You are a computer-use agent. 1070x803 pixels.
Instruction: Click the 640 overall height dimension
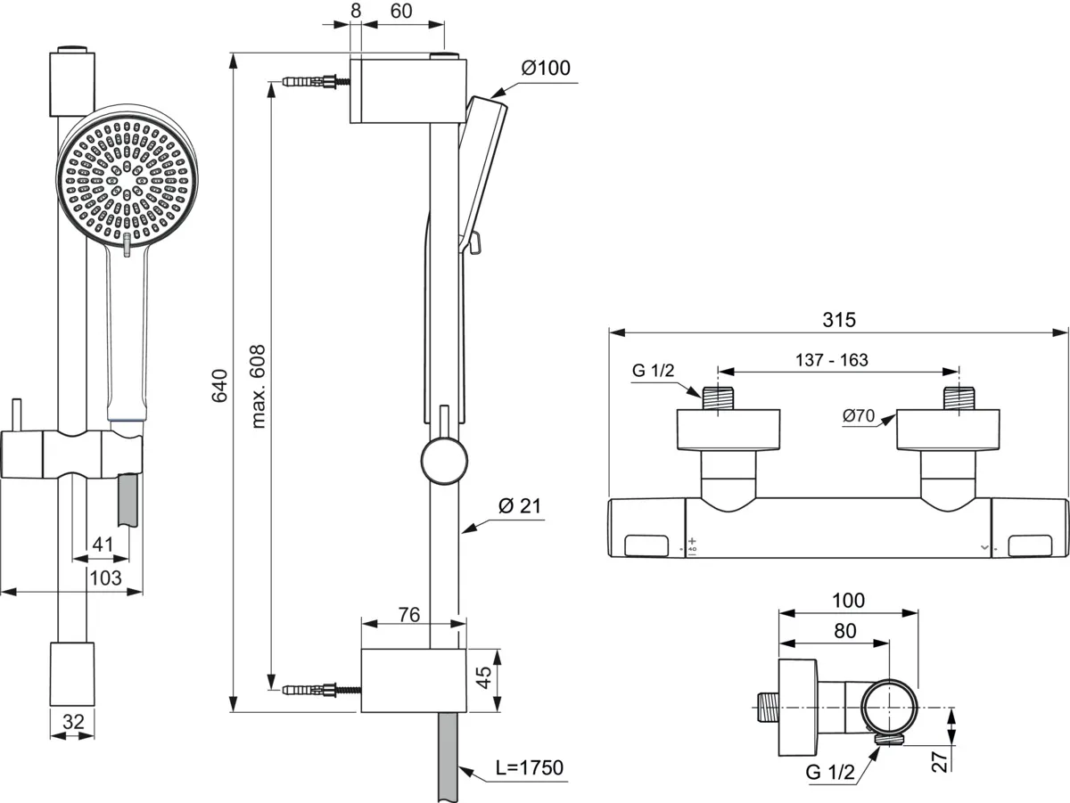point(220,386)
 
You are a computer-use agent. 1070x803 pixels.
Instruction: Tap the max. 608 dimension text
point(258,387)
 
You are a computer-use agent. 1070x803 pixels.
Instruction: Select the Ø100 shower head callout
point(546,69)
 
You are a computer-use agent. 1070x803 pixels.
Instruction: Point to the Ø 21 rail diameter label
point(520,506)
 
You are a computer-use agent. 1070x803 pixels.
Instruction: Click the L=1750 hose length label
point(530,768)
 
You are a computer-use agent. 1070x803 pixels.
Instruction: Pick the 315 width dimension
point(839,320)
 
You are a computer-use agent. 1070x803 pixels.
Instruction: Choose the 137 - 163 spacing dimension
point(832,360)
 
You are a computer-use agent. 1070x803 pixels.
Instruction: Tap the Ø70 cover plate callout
point(859,415)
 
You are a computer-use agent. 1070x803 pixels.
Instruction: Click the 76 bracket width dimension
point(409,615)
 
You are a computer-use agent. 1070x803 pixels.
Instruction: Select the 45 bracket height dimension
point(483,677)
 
